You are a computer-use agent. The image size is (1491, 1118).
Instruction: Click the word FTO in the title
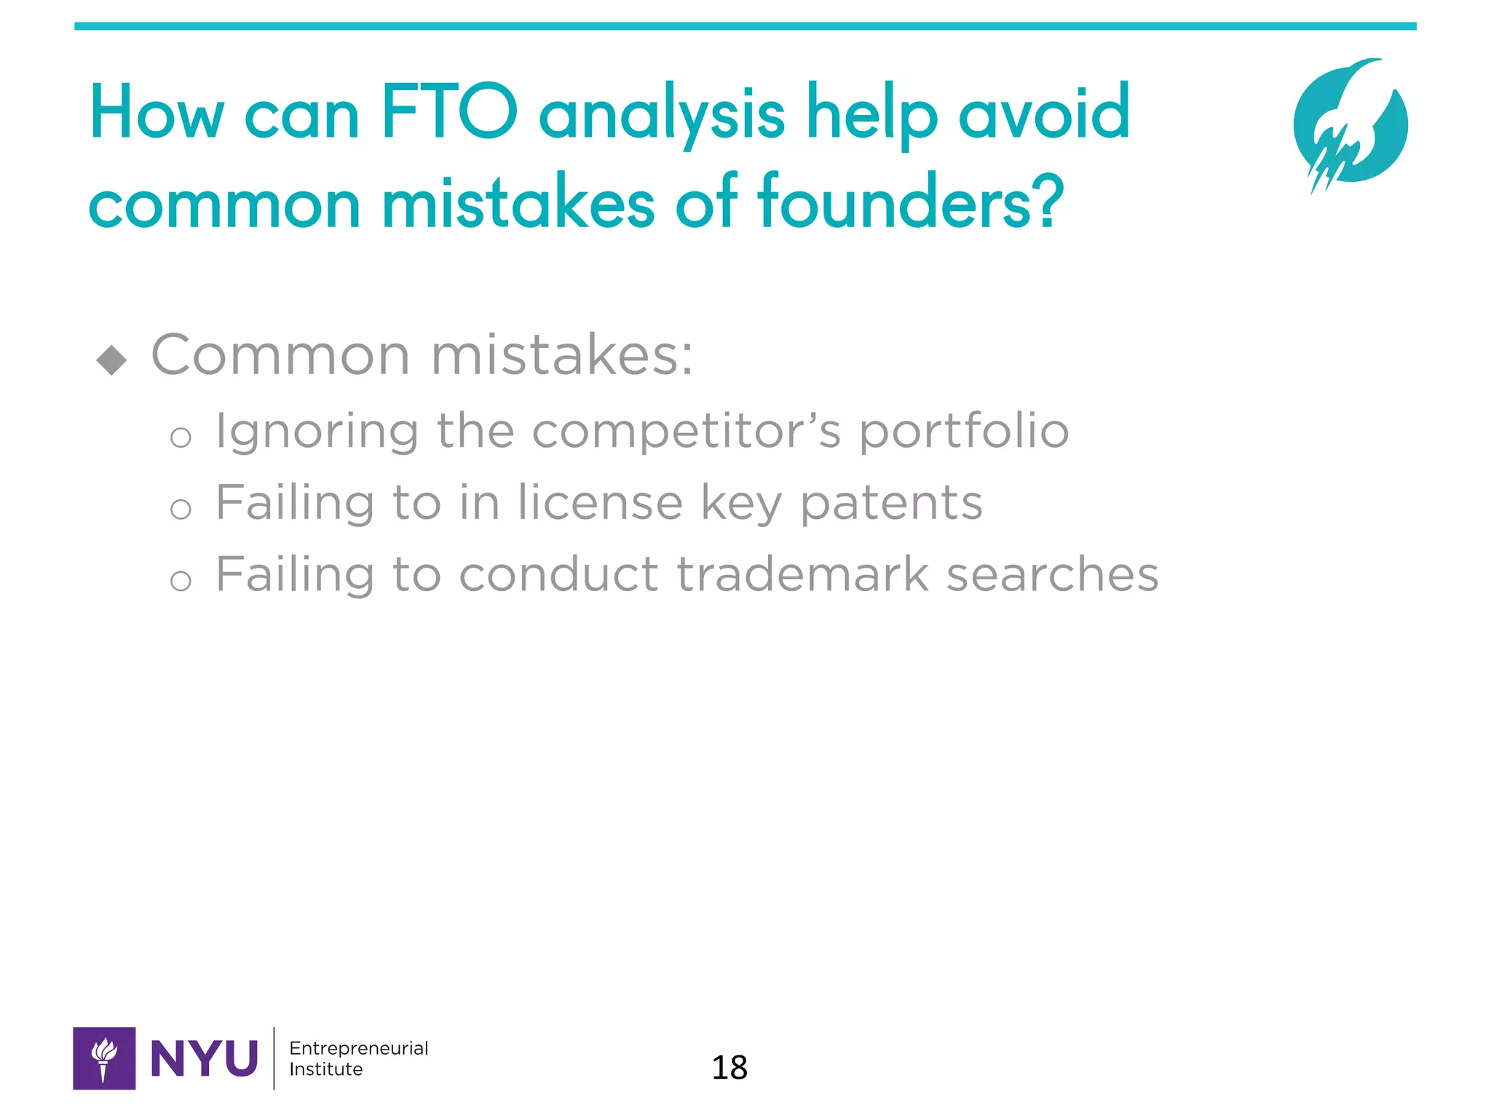[448, 113]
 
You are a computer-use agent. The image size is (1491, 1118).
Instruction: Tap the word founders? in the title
[910, 202]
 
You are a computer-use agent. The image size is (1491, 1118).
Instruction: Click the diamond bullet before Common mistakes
[111, 359]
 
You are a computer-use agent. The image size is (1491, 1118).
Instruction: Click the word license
[600, 504]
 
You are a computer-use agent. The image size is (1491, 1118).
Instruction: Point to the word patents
[891, 504]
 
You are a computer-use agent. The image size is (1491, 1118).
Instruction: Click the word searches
[1051, 574]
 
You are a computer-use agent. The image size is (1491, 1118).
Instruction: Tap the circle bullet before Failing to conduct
[181, 581]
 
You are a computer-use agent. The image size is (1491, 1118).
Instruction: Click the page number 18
[729, 1068]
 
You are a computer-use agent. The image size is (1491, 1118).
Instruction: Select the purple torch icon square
[104, 1058]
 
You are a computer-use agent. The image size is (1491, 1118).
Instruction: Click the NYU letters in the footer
[204, 1058]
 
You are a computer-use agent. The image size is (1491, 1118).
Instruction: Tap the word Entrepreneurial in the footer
[358, 1048]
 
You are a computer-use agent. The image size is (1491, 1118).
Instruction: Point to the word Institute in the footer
[325, 1069]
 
